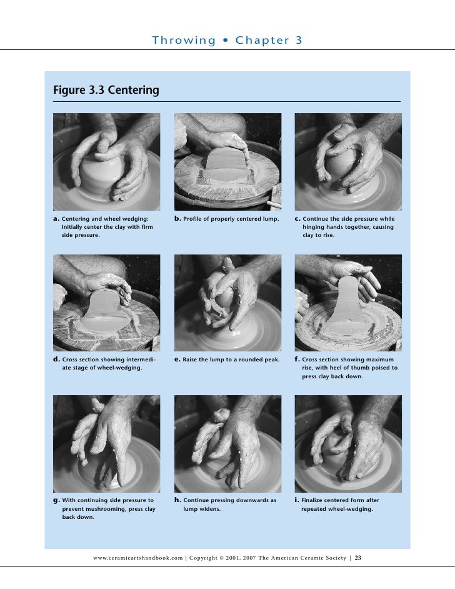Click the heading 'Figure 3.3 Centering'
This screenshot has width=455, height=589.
click(x=106, y=91)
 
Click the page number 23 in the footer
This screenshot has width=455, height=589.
click(x=357, y=557)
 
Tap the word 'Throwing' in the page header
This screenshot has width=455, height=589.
click(x=184, y=41)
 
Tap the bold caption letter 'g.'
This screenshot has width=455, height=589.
click(x=56, y=500)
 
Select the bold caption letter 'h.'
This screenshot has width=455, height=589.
click(x=177, y=500)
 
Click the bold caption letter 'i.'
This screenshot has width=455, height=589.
click(x=296, y=500)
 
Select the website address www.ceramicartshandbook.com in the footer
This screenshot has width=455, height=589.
click(x=137, y=557)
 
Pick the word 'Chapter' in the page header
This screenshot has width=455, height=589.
click(x=262, y=41)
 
